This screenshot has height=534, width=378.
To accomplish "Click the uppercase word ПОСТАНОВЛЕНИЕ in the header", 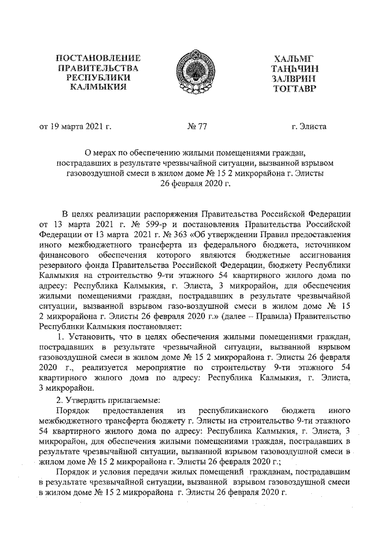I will pyautogui.click(x=97, y=58).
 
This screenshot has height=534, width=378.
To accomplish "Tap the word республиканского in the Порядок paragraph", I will pyautogui.click(x=235, y=409).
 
